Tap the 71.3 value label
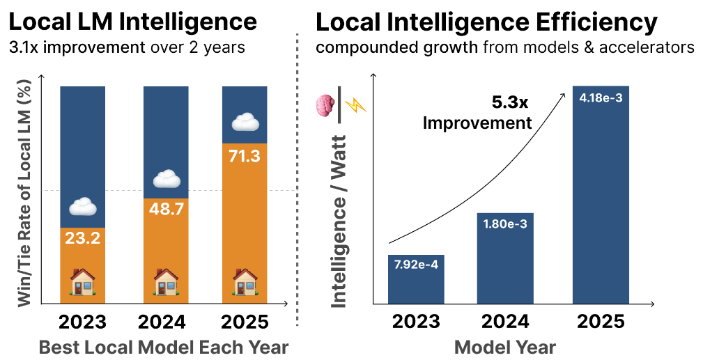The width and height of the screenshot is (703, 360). pos(244,156)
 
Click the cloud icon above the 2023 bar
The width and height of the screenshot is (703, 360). pos(82,207)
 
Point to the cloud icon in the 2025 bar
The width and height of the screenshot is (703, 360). pos(245,123)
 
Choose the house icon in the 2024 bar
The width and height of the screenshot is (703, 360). pos(166,283)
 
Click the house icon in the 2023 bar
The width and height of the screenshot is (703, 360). pos(82,283)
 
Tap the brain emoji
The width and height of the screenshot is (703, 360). pos(325,106)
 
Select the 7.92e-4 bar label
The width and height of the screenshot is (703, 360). pos(416,266)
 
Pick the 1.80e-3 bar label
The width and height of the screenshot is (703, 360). pos(505,224)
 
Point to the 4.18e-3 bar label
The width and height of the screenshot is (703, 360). pos(600,97)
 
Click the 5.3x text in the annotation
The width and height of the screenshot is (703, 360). pos(510,103)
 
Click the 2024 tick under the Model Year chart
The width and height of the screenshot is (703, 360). pos(505,322)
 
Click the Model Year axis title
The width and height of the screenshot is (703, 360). pos(505,347)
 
